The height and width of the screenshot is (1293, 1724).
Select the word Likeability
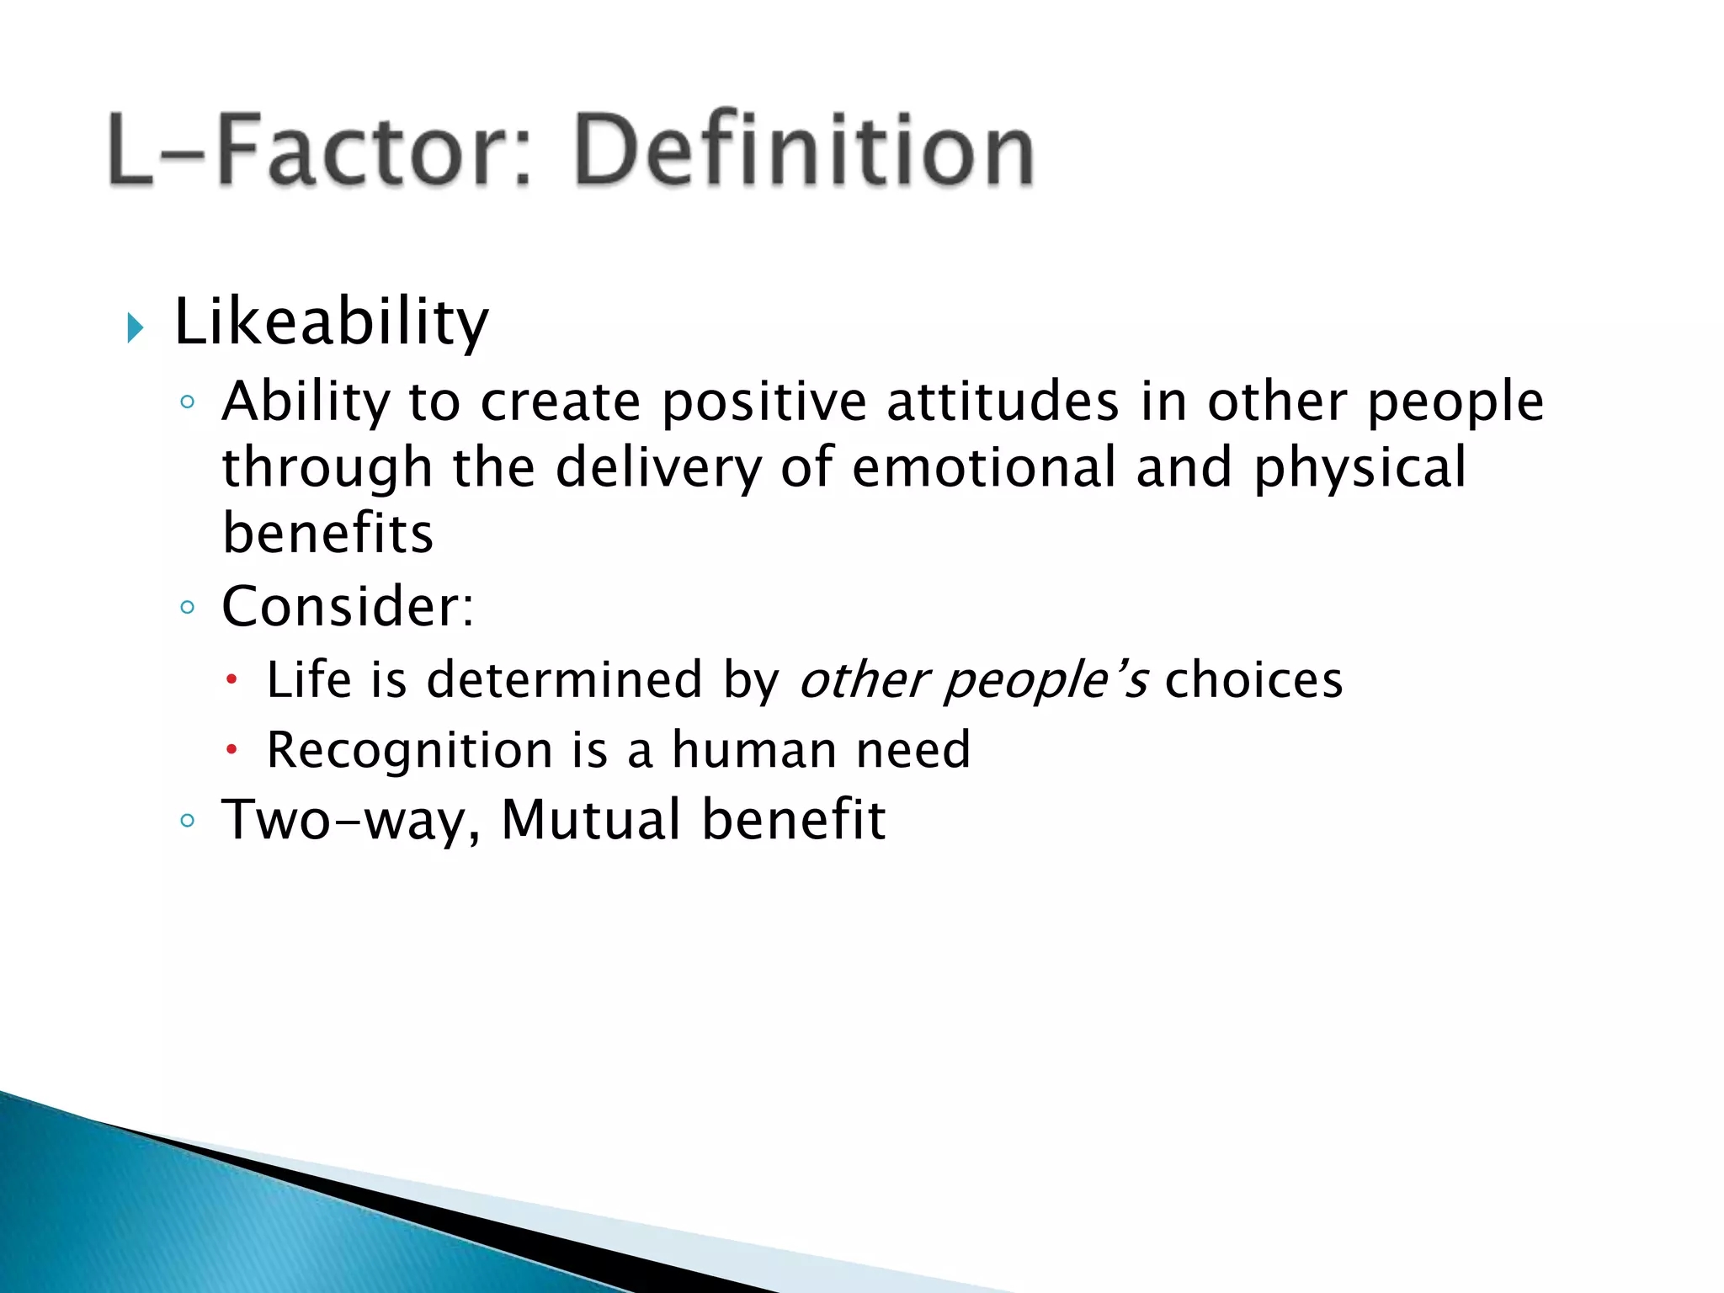331,323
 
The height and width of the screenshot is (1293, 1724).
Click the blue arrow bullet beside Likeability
136,327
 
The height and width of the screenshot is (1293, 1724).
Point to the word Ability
306,402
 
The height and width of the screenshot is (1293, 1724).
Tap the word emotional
983,468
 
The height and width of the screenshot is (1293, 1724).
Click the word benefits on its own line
327,534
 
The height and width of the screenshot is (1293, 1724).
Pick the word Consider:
348,606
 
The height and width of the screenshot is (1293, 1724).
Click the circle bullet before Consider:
188,607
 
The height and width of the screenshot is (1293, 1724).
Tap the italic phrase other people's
972,680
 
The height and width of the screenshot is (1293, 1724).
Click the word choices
1253,680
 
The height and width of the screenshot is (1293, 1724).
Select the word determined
564,680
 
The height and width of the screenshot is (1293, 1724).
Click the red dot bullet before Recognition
233,749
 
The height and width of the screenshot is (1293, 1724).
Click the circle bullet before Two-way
188,820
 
